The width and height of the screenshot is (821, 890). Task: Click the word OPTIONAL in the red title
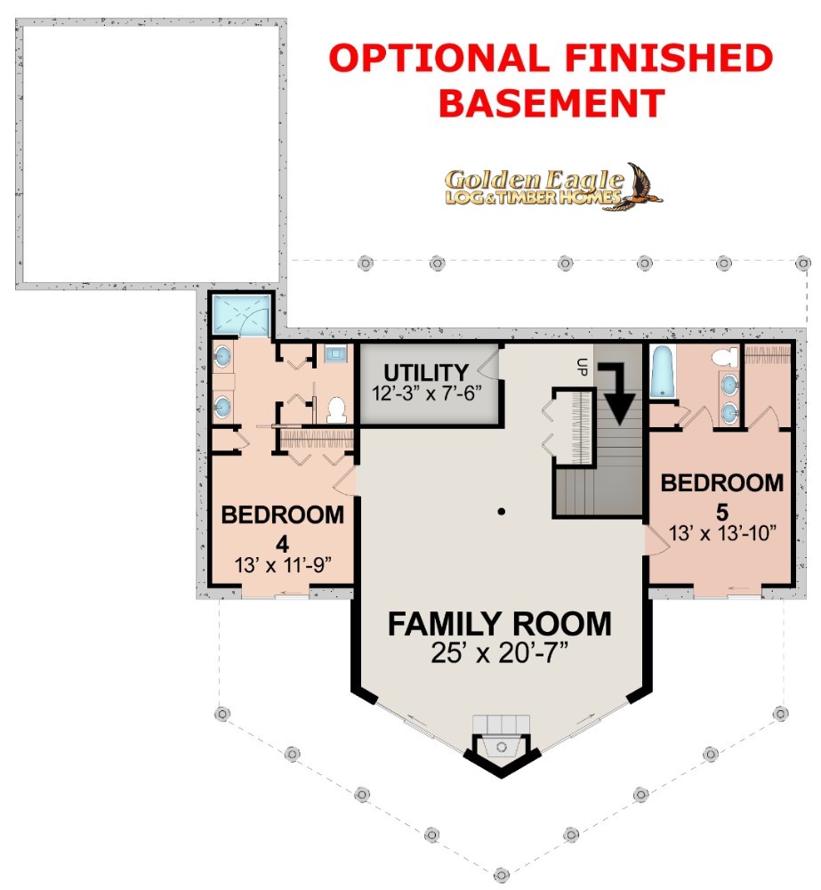pyautogui.click(x=439, y=58)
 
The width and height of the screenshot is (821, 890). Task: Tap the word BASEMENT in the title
pyautogui.click(x=551, y=103)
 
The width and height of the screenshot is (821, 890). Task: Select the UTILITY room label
pyautogui.click(x=426, y=373)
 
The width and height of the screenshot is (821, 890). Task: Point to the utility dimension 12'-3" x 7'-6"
pyautogui.click(x=427, y=393)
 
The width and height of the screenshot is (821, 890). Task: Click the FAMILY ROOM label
pyautogui.click(x=500, y=624)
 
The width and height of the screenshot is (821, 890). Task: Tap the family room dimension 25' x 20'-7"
pyautogui.click(x=499, y=652)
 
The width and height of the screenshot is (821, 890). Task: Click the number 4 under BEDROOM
pyautogui.click(x=283, y=545)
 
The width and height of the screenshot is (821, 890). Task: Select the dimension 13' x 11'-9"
pyautogui.click(x=283, y=565)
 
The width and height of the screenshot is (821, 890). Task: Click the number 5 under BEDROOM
pyautogui.click(x=721, y=513)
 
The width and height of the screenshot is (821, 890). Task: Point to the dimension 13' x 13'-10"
pyautogui.click(x=722, y=533)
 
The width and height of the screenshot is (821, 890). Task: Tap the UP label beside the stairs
pyautogui.click(x=582, y=368)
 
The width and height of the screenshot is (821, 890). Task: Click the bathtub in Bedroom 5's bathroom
pyautogui.click(x=662, y=371)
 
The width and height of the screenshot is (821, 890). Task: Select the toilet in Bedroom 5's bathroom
pyautogui.click(x=725, y=357)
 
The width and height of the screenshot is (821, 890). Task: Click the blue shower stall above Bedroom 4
pyautogui.click(x=240, y=314)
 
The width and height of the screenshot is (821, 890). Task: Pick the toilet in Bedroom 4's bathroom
pyautogui.click(x=336, y=409)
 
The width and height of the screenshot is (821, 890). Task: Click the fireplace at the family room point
pyautogui.click(x=502, y=744)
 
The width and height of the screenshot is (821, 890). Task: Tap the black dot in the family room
pyautogui.click(x=502, y=512)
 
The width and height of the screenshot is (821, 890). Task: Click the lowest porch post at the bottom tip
pyautogui.click(x=501, y=875)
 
